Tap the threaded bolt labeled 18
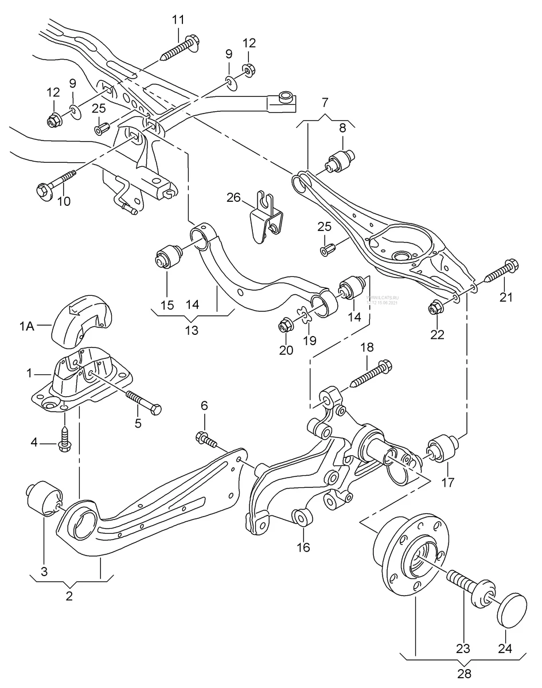(x=369, y=373)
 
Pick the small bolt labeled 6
(x=207, y=440)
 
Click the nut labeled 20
(x=284, y=327)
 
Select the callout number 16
(x=303, y=547)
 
